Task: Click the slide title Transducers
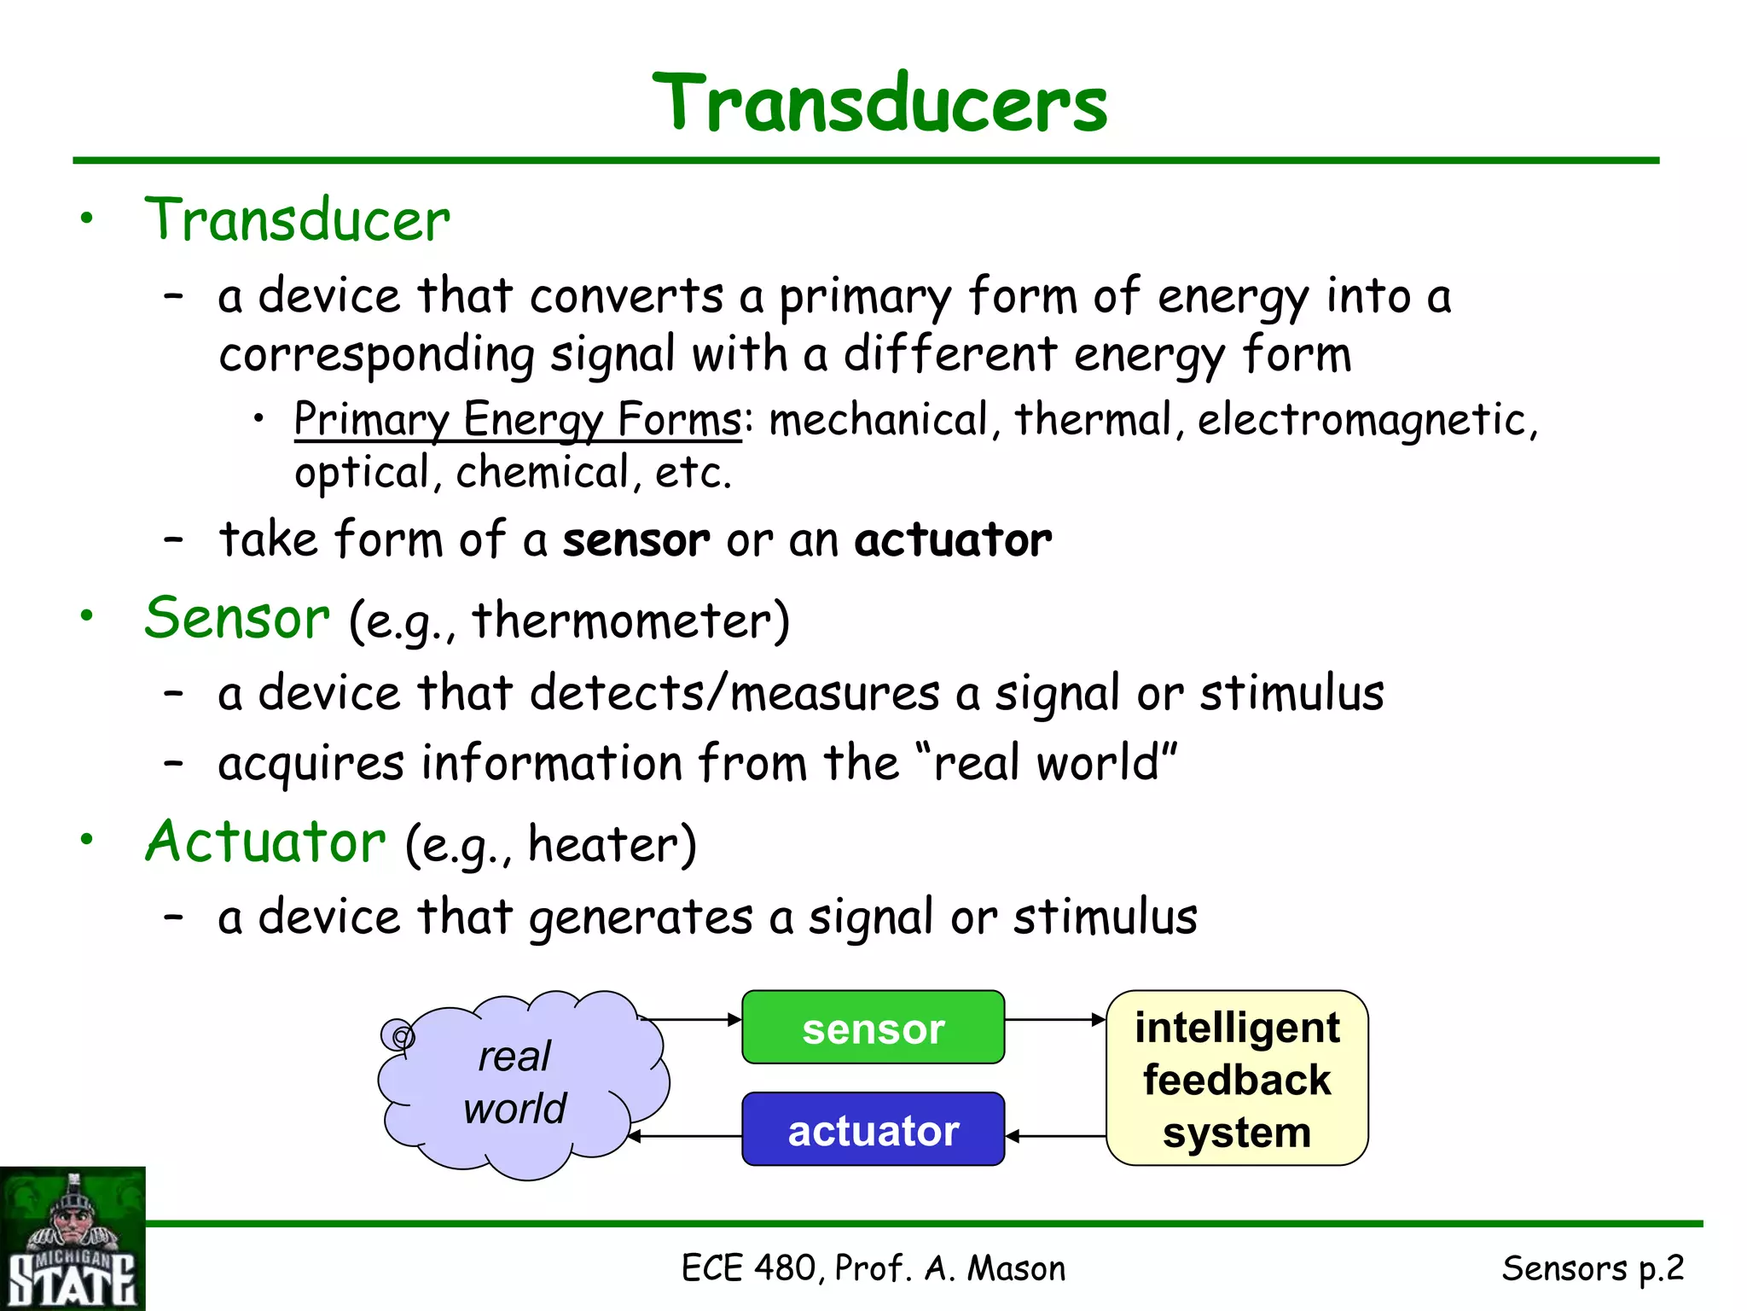click(x=879, y=104)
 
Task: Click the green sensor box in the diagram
click(x=873, y=1028)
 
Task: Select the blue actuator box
click(x=873, y=1129)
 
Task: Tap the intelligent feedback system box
click(x=1236, y=1078)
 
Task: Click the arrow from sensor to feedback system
click(x=1055, y=1019)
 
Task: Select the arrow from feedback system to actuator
click(x=1055, y=1136)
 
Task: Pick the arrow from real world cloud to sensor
click(x=691, y=1019)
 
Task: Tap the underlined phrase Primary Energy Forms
click(x=517, y=419)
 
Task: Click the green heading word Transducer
click(x=297, y=220)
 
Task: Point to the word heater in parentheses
click(x=602, y=844)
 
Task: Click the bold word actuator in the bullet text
click(x=953, y=539)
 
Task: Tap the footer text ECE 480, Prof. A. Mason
click(x=873, y=1268)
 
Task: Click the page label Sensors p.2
click(x=1592, y=1268)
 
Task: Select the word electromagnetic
click(x=1361, y=419)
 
